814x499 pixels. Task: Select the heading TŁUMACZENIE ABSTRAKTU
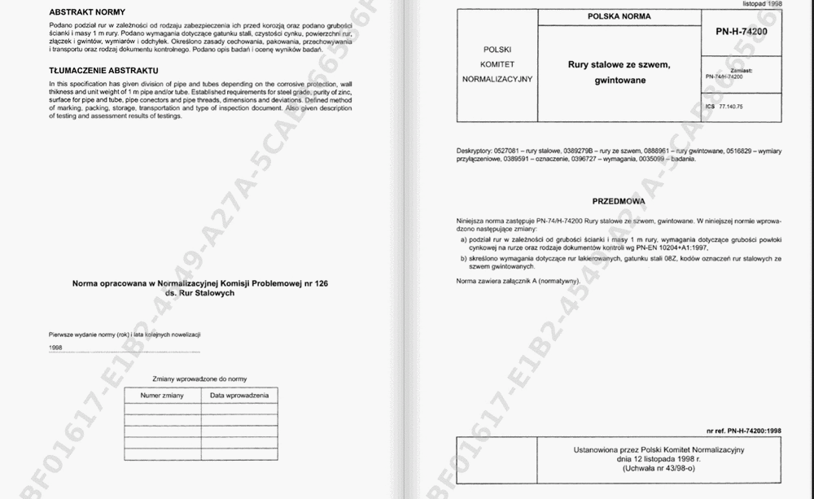pos(103,71)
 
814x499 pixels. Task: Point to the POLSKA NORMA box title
pos(619,16)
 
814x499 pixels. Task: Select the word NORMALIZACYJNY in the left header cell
pos(497,79)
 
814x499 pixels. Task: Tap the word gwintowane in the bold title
pos(619,81)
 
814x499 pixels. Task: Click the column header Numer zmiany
pos(163,396)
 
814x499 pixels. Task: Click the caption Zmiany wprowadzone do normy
pos(199,379)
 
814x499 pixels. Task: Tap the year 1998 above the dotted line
pos(55,348)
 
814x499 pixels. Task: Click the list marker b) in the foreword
pos(463,258)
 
